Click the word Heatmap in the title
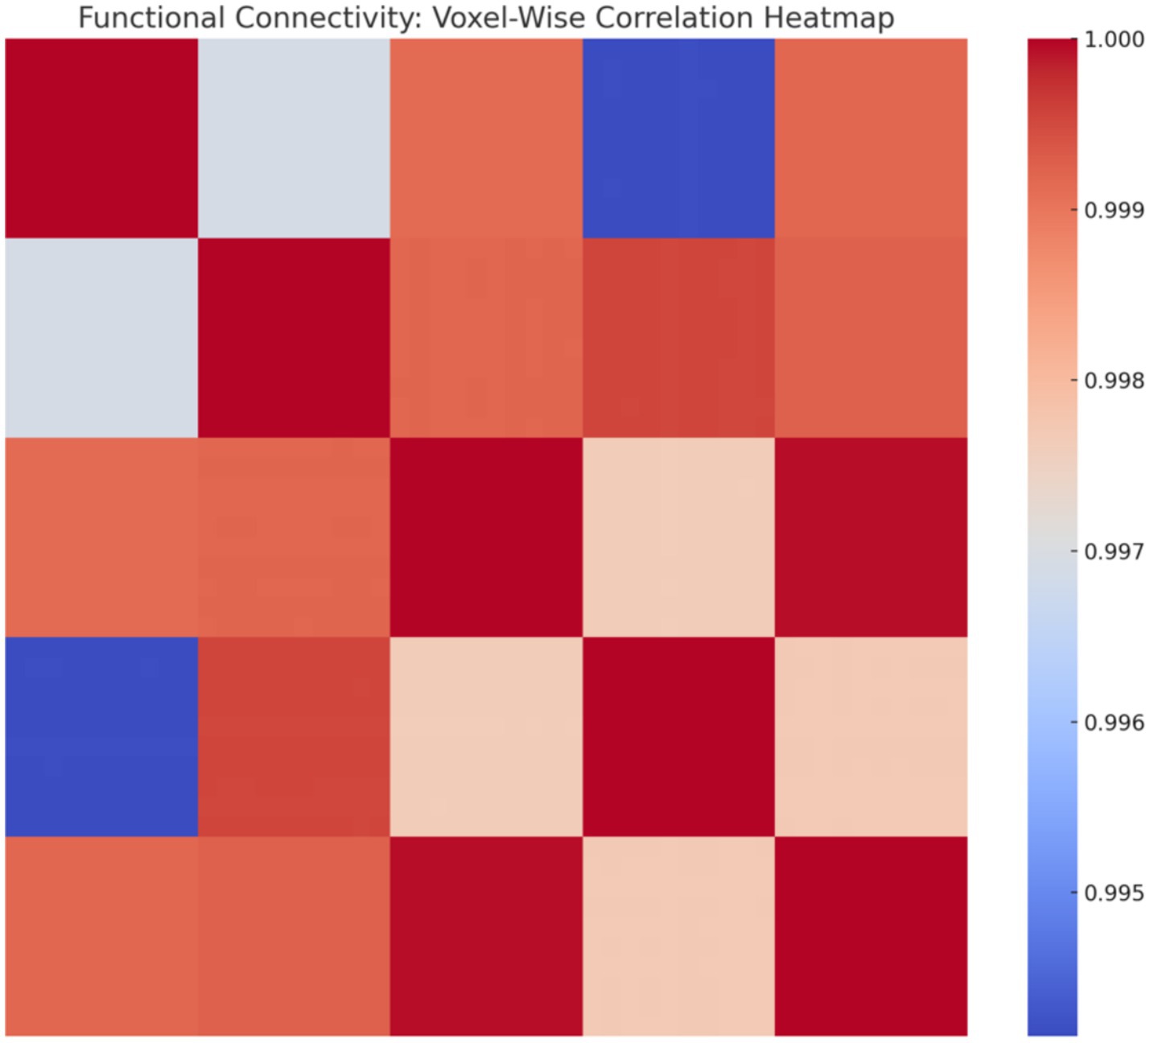tap(829, 18)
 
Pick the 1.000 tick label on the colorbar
tap(1114, 39)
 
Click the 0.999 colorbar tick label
tap(1114, 210)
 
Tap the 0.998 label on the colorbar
tap(1114, 381)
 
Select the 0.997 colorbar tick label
tap(1114, 552)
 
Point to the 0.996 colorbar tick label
tap(1114, 723)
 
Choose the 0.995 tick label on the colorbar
tap(1114, 893)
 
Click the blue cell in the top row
tap(678, 138)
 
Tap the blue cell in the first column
tap(101, 736)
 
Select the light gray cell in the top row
tap(294, 138)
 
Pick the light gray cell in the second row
tap(101, 337)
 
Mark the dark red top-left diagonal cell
tap(101, 138)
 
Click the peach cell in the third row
tap(678, 537)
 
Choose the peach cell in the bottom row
tap(678, 936)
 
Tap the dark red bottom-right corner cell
tap(871, 936)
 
